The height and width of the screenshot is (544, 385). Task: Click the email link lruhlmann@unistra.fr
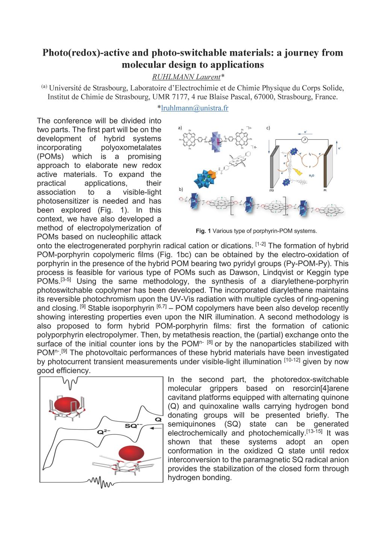tap(194, 108)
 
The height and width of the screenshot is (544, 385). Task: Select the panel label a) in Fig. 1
tap(180, 128)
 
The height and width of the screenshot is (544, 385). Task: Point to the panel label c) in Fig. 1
tap(268, 128)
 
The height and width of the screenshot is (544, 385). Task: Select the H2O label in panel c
tap(312, 175)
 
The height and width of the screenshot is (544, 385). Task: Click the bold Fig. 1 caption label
tap(203, 231)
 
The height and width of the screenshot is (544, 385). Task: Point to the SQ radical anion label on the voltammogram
tap(133, 426)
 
